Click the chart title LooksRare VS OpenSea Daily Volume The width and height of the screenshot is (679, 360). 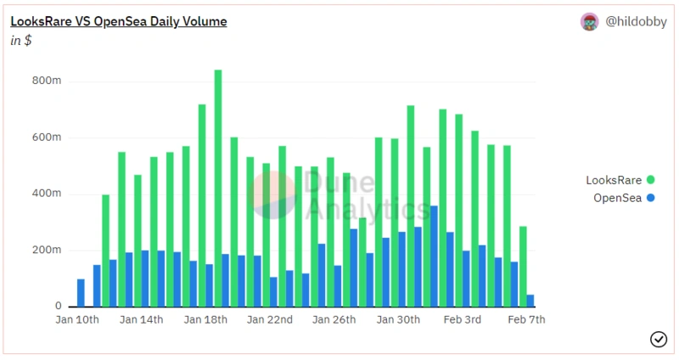click(x=118, y=21)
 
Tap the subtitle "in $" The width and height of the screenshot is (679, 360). click(x=21, y=41)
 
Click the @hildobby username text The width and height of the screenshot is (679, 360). click(x=636, y=22)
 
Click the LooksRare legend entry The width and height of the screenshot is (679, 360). click(x=620, y=180)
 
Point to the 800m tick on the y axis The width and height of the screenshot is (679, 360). click(x=46, y=82)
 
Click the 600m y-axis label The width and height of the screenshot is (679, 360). click(x=46, y=138)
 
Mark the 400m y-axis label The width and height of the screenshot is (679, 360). click(x=46, y=194)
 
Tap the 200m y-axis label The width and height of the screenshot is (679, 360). click(x=46, y=250)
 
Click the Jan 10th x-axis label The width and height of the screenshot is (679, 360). click(x=77, y=320)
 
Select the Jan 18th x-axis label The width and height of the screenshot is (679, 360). click(x=206, y=320)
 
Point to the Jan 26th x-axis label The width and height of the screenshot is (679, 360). click(x=334, y=320)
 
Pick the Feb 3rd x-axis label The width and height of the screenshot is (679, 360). click(x=463, y=320)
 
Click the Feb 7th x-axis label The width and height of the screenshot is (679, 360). click(x=526, y=320)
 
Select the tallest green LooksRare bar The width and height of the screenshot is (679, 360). click(x=218, y=187)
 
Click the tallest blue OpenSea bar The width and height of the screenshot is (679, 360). click(x=434, y=256)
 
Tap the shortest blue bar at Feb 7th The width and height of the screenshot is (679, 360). click(x=530, y=301)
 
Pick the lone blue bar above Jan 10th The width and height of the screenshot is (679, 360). click(x=81, y=293)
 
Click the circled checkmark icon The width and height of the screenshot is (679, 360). click(x=658, y=339)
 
